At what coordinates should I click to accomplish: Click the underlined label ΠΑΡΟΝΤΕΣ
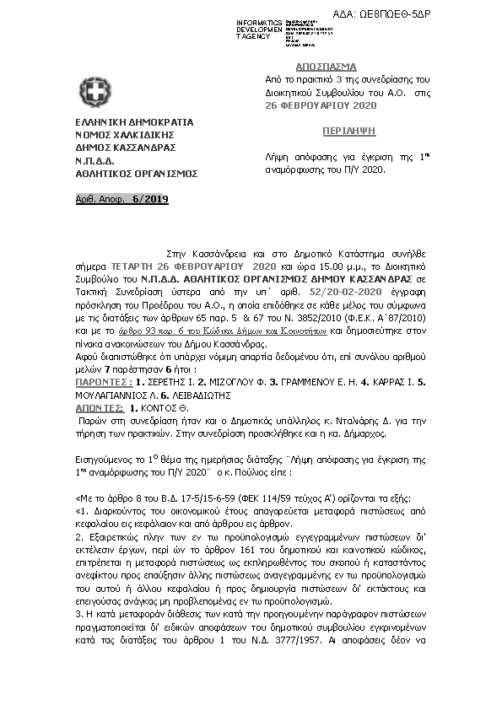click(94, 357)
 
